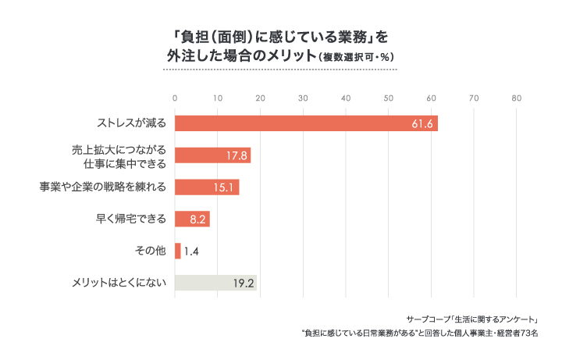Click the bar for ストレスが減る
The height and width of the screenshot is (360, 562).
(306, 123)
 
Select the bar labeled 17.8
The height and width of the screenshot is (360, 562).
(212, 155)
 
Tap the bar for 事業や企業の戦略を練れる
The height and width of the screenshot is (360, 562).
(207, 187)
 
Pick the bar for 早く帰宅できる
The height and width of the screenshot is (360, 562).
(192, 219)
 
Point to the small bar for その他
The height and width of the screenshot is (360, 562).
(178, 251)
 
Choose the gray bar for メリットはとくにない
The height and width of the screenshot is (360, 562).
(215, 283)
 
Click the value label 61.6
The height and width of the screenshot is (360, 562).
(422, 123)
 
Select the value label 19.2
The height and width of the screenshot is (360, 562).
(244, 283)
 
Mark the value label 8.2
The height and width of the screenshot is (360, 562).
(197, 219)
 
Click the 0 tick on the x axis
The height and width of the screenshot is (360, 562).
(175, 98)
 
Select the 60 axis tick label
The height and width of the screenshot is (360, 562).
(431, 98)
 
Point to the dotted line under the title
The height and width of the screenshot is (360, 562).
(279, 70)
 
